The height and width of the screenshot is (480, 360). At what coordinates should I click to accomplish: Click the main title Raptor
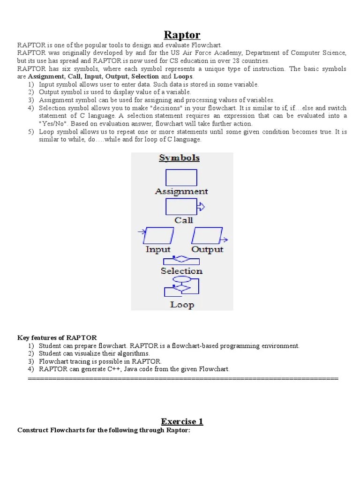click(x=182, y=35)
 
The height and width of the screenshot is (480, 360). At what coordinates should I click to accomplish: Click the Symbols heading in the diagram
click(x=180, y=158)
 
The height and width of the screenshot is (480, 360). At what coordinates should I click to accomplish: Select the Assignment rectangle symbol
click(x=181, y=178)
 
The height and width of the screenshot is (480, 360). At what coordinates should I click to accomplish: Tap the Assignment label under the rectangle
click(x=181, y=191)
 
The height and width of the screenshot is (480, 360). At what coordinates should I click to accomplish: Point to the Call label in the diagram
click(x=184, y=220)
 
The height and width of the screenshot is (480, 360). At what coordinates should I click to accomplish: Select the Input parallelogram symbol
click(x=158, y=235)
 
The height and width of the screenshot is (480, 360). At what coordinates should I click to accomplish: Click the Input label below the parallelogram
click(x=158, y=249)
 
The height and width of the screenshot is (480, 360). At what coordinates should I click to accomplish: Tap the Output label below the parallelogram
click(x=207, y=249)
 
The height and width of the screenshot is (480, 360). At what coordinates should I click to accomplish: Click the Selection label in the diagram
click(x=181, y=271)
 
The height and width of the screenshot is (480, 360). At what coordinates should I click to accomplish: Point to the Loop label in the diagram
click(x=182, y=305)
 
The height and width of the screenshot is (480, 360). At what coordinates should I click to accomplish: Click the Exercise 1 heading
click(x=182, y=421)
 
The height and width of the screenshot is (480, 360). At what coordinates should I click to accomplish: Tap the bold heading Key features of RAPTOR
click(x=57, y=337)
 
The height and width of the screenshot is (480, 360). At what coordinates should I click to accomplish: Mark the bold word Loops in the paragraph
click(x=183, y=76)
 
